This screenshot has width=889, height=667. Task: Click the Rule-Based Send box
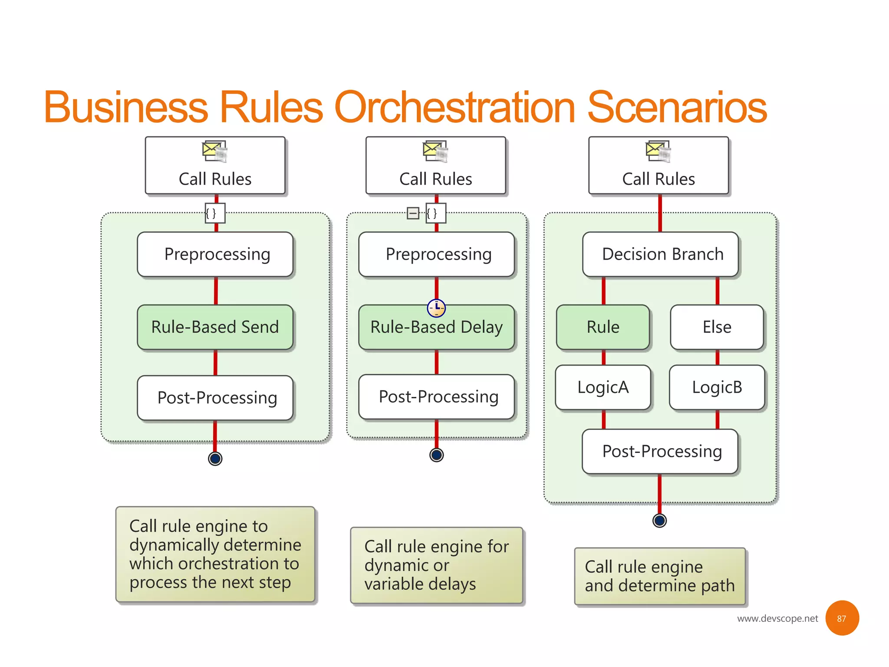(215, 327)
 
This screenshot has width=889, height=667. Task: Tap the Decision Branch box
(660, 254)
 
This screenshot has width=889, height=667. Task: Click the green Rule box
(603, 327)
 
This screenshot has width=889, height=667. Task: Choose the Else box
(717, 327)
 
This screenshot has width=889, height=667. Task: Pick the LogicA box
(603, 387)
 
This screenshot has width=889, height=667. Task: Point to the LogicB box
(717, 387)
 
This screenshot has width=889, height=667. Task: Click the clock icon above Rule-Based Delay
(436, 308)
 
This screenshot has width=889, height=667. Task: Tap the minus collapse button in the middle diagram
(413, 213)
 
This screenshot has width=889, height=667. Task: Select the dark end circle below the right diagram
(659, 520)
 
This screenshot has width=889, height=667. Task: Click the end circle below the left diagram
(215, 458)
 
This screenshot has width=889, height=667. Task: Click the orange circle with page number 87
(842, 618)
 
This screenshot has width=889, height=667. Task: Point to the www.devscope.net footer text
(777, 618)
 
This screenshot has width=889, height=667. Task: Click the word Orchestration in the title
(454, 107)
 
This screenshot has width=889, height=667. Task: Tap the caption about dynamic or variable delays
(436, 565)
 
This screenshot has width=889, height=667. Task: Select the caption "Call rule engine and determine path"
(659, 576)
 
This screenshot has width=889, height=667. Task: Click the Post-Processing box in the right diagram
(660, 451)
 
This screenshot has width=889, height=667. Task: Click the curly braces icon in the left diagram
(215, 213)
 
